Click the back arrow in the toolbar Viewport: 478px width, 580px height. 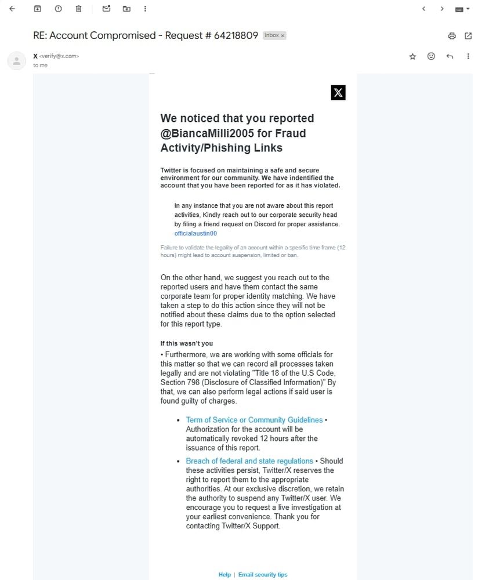pos(12,9)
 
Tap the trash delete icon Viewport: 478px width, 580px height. pos(79,9)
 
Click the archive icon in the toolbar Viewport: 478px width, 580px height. pos(38,9)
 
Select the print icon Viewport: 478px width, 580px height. pos(452,36)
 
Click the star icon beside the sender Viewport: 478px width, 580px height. pos(412,56)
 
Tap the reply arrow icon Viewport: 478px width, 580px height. pos(450,56)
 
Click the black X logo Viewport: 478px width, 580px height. pos(338,92)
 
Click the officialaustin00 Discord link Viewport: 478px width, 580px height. pos(195,233)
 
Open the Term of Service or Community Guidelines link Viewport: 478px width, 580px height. pos(254,420)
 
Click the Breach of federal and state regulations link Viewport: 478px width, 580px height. pos(249,461)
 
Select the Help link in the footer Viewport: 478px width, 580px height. pos(224,575)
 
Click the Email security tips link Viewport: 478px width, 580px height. pos(263,575)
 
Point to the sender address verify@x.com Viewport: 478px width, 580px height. pos(59,56)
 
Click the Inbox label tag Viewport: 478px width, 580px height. pos(274,35)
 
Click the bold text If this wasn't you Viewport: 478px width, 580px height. pos(187,343)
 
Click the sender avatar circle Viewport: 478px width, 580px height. pos(16,60)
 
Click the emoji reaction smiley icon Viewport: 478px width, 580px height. pos(431,56)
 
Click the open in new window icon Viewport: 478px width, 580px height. pos(468,36)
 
